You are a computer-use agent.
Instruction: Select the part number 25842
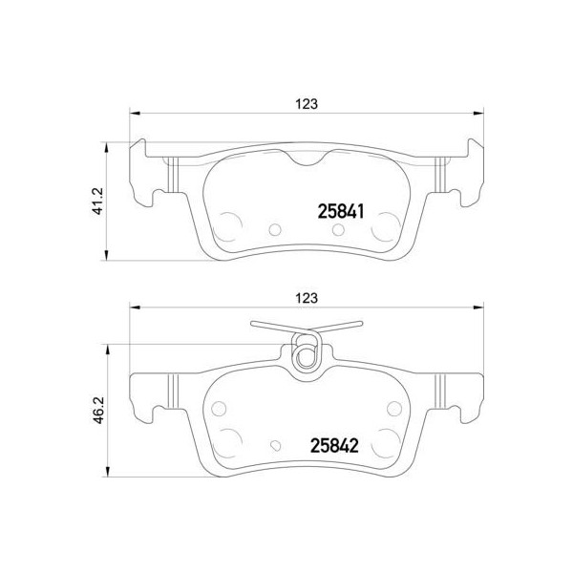click(x=334, y=444)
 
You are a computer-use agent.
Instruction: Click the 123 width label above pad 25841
click(x=306, y=103)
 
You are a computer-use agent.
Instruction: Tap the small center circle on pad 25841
click(x=276, y=229)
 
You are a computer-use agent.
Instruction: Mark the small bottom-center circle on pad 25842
click(x=276, y=444)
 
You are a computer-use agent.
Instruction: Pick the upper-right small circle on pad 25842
click(x=393, y=408)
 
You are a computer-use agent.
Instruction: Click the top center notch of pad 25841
click(x=306, y=159)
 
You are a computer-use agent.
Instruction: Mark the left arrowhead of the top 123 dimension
click(x=135, y=114)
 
